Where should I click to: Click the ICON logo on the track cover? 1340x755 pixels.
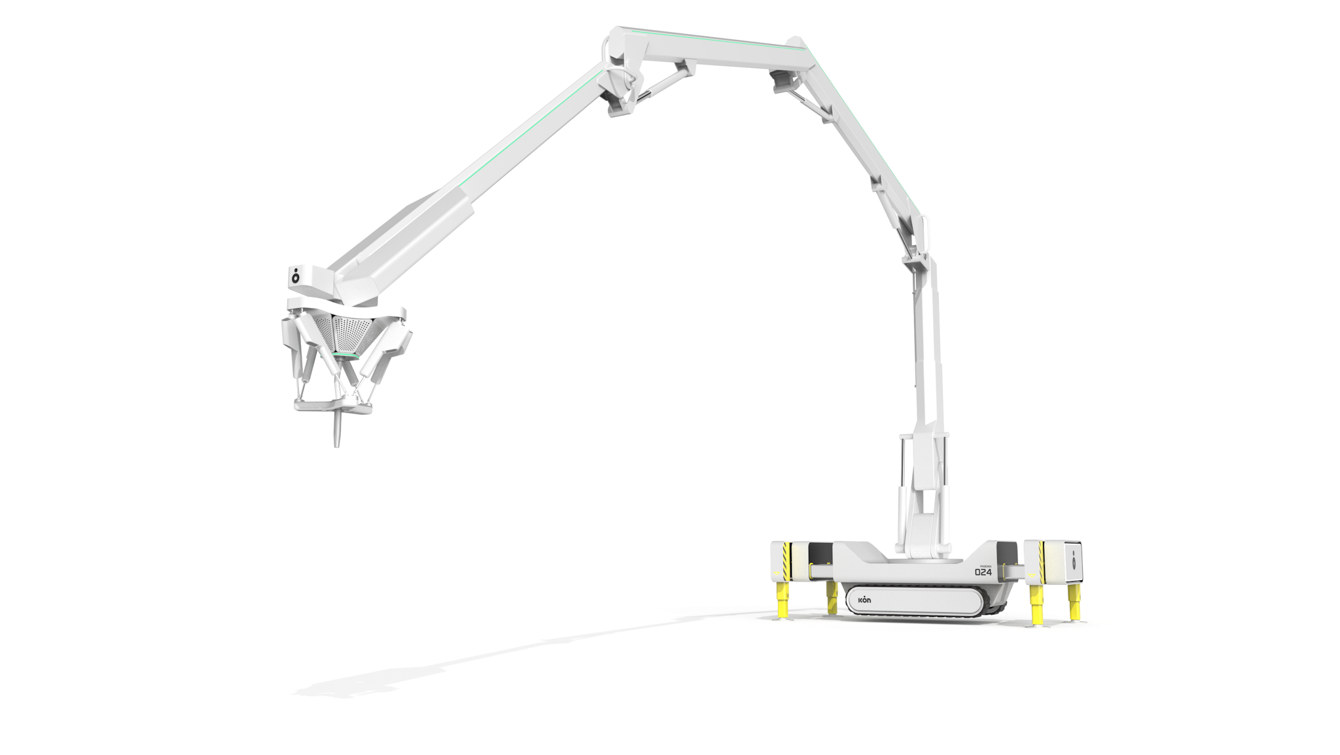tap(864, 600)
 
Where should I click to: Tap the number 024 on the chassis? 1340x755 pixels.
tap(983, 572)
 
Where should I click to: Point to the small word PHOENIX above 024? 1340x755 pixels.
tap(985, 566)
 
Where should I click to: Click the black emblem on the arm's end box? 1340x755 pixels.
tap(296, 276)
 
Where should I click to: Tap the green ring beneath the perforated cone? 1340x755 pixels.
tap(345, 356)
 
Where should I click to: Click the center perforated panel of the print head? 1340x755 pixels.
tap(351, 334)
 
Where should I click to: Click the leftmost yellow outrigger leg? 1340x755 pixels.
tap(782, 600)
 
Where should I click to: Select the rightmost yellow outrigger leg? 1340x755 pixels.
tap(1074, 601)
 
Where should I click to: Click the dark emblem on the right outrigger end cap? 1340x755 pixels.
tap(1074, 559)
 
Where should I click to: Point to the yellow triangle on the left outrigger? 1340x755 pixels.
tap(776, 574)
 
